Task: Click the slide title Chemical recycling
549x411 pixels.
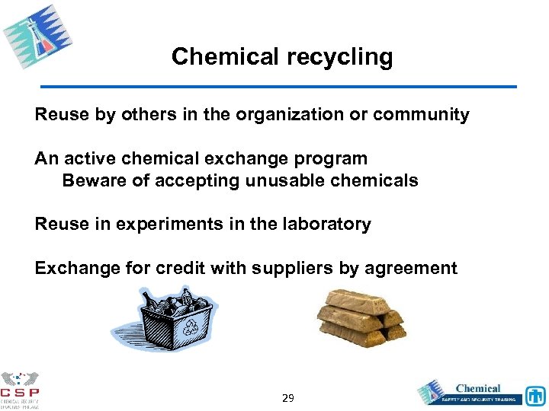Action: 282,57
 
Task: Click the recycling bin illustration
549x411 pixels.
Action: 164,318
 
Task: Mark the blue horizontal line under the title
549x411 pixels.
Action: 278,87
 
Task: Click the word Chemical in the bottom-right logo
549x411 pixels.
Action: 478,388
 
